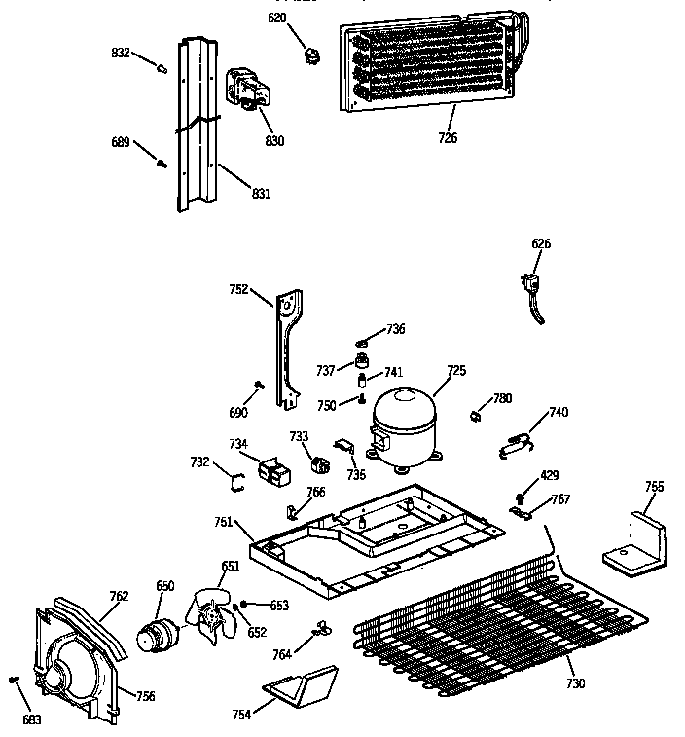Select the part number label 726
(x=447, y=137)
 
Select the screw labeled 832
(x=163, y=67)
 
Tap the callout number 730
(x=575, y=684)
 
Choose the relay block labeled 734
(x=272, y=471)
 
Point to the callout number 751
(x=224, y=523)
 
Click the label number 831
(x=260, y=194)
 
